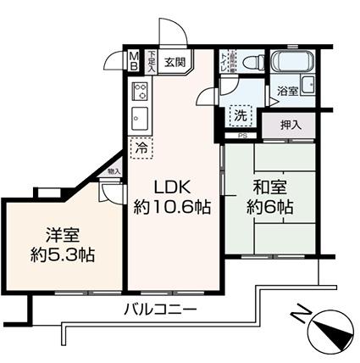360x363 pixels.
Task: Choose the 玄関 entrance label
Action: coord(175,61)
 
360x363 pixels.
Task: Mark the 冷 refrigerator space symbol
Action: coord(139,147)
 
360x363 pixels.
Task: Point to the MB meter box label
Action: coord(135,61)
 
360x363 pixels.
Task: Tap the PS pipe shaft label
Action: coord(242,135)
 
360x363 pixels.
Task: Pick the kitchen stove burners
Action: coord(140,91)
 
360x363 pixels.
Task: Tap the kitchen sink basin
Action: coord(139,116)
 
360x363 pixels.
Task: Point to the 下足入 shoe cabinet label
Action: coord(151,60)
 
